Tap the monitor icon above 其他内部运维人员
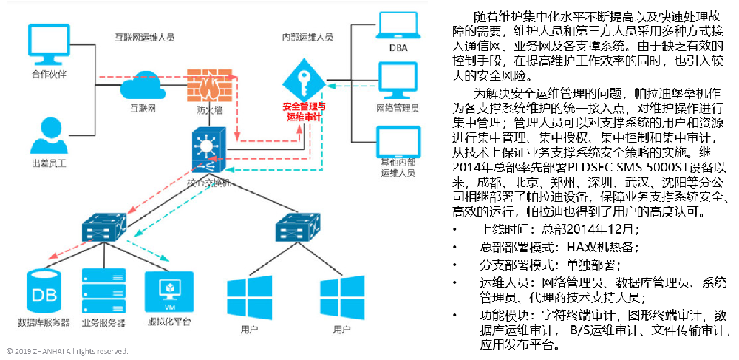pyautogui.click(x=398, y=141)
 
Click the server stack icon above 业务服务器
pyautogui.click(x=103, y=293)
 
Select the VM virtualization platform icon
pyautogui.click(x=169, y=291)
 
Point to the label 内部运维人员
pyautogui.click(x=307, y=35)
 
